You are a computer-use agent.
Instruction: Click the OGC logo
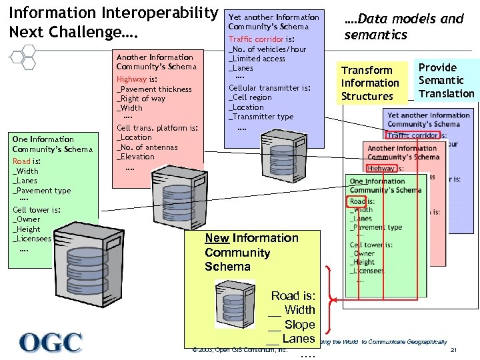click(x=51, y=342)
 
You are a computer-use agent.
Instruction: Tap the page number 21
click(x=453, y=351)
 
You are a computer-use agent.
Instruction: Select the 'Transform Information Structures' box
click(x=370, y=83)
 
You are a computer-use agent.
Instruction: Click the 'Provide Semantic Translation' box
click(x=445, y=80)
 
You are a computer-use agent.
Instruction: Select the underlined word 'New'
click(x=217, y=238)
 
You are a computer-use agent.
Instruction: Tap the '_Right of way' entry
click(x=141, y=99)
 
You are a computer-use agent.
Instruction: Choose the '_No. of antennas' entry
click(x=147, y=147)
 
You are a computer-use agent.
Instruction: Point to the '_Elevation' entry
click(x=136, y=157)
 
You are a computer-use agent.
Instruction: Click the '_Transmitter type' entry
click(x=261, y=117)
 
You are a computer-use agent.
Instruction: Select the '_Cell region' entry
click(x=251, y=97)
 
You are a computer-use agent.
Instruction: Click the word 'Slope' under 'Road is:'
click(x=299, y=325)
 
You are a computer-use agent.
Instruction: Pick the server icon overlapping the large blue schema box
click(x=275, y=147)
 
